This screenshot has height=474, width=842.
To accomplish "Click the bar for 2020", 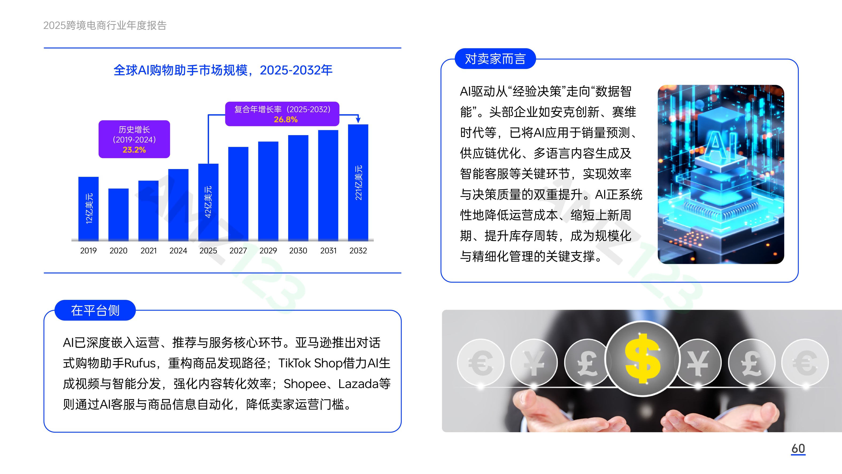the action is (118, 215).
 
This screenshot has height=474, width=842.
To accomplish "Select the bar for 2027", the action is (238, 194).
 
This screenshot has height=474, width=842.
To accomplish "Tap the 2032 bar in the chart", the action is (358, 182).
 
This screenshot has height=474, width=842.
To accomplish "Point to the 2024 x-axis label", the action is (178, 251).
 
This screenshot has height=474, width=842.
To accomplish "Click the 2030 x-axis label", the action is (298, 251).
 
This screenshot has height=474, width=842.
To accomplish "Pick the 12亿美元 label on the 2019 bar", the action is (89, 208).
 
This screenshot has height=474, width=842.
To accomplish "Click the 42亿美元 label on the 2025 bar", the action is (208, 202).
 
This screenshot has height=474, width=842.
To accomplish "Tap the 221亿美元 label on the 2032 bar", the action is (358, 182).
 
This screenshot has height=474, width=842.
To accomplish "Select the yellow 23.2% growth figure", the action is (134, 150).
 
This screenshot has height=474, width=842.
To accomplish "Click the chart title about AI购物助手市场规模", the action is (223, 70).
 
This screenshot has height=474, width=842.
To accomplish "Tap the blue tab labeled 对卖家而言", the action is (495, 59).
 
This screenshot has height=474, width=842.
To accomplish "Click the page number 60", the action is (798, 449).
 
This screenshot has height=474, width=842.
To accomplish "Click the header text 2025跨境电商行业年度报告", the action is (105, 25).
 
